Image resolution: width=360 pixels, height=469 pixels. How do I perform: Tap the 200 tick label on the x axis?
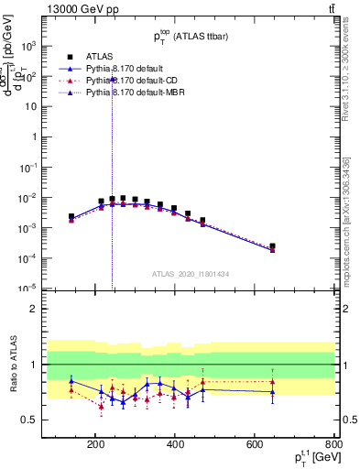[x=95, y=445]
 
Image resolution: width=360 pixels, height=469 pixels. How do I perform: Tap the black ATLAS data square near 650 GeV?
[x=272, y=245]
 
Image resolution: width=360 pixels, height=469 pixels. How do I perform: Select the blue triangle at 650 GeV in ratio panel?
[x=272, y=392]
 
